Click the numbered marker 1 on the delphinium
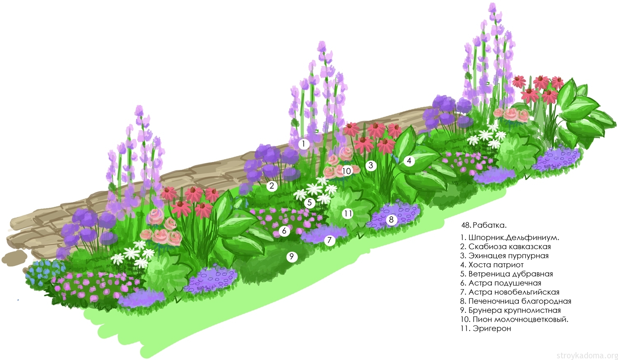point(304,144)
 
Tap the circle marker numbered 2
point(272,186)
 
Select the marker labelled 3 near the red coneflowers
point(371,166)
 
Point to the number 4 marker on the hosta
point(409,161)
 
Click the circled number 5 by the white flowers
point(309,203)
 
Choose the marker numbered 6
point(284,231)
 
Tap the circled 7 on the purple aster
point(329,240)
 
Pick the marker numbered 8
point(391,220)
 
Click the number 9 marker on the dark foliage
point(292,257)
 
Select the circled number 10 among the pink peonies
point(346,171)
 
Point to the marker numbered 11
point(348,213)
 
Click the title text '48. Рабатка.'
point(484,225)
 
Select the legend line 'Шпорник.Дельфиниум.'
point(510,238)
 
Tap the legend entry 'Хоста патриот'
point(492,265)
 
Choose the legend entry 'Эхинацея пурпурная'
point(504,256)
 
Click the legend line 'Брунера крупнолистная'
point(510,310)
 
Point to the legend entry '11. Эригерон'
point(486,328)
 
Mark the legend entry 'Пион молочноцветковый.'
point(514,319)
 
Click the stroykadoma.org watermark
point(587,355)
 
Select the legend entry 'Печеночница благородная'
point(515,301)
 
